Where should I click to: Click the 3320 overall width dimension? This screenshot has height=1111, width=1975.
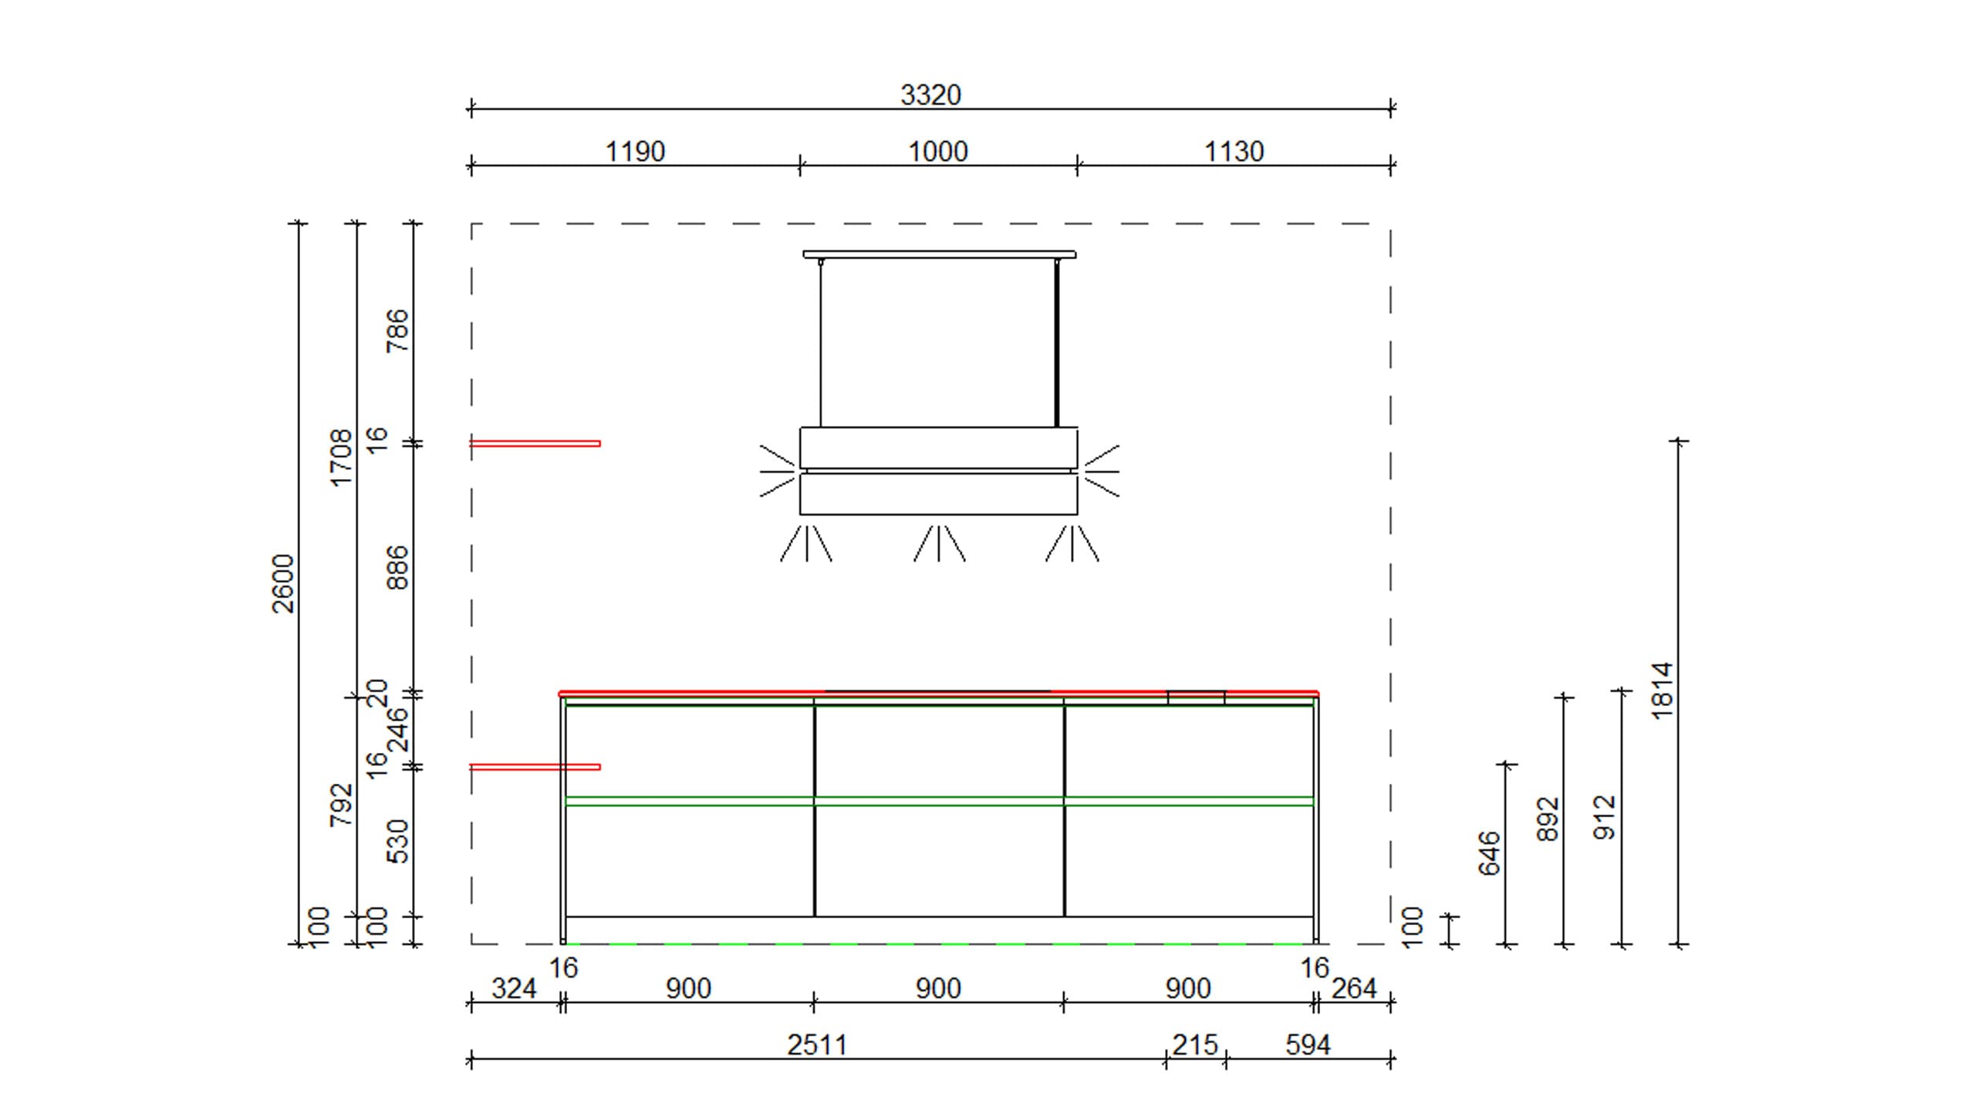point(930,95)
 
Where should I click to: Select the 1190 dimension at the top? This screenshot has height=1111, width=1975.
point(634,151)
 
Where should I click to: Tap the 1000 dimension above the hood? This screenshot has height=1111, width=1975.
point(937,151)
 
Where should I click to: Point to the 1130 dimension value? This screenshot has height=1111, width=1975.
point(1234,151)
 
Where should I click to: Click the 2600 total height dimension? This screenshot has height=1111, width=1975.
point(283,583)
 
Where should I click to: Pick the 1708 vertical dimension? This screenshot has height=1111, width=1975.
point(340,458)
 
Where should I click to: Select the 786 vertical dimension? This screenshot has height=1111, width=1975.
point(397,330)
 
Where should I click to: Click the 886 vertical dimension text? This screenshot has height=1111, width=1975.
point(397,567)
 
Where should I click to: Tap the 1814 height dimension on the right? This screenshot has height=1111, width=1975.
point(1662,691)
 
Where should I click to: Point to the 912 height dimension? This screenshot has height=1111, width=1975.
point(1605,817)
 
